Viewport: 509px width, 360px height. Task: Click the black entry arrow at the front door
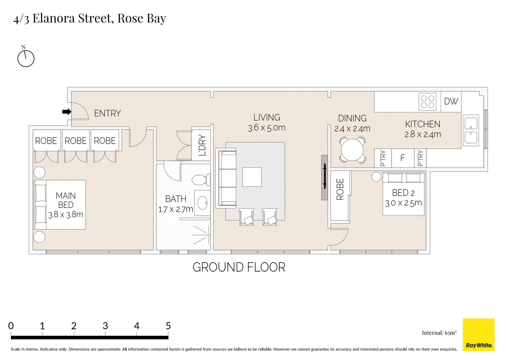67,112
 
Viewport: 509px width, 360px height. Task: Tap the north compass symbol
26,58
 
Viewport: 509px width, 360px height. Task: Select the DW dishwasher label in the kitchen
451,101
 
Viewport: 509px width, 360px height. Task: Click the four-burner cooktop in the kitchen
427,102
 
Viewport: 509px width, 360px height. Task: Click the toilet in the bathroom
201,180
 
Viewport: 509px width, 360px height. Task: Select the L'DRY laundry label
202,145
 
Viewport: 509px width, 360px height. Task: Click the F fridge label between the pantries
402,158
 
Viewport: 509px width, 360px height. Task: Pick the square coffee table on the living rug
252,177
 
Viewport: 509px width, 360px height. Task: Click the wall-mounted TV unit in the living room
324,177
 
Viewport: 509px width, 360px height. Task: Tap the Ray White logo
478,335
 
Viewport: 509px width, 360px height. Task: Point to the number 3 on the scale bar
105,326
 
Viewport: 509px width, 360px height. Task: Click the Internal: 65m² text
439,333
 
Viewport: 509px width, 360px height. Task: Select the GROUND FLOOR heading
239,267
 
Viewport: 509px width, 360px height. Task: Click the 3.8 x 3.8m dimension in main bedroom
66,214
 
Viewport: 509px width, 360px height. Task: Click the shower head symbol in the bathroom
208,235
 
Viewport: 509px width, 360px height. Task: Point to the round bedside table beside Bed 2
376,177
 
